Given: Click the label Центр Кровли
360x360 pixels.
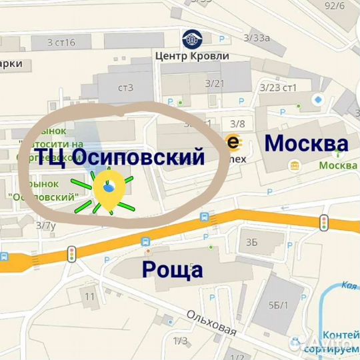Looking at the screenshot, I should (x=191, y=55).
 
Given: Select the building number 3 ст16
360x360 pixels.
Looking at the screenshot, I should (x=61, y=43).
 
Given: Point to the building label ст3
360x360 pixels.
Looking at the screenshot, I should (x=125, y=87).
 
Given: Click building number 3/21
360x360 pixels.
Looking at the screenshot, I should (x=215, y=83).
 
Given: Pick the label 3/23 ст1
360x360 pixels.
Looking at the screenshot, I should (x=278, y=87).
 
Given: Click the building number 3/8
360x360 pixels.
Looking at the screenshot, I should (x=237, y=123).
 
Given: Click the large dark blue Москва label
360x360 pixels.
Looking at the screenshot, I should (x=306, y=143).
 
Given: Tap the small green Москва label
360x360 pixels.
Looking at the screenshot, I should (x=337, y=165).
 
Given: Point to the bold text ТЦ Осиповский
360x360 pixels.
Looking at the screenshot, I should (x=118, y=157).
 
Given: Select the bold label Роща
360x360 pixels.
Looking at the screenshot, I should (x=173, y=269).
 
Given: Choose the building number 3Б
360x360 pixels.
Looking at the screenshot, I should (x=251, y=241).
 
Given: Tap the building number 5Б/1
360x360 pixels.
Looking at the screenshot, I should (x=278, y=306).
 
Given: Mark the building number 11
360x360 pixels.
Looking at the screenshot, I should (x=90, y=295).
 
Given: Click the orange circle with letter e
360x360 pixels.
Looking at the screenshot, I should (x=231, y=141).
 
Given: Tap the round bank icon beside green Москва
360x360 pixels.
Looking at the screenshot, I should (x=295, y=165).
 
